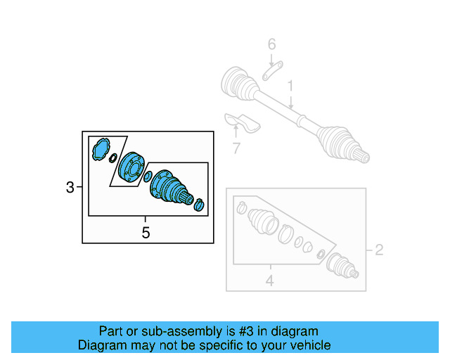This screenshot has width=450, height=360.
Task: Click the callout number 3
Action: [69, 187]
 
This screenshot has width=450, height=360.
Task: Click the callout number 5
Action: [146, 233]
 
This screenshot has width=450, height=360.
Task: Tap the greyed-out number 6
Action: [271, 46]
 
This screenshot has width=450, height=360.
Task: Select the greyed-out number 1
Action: [289, 86]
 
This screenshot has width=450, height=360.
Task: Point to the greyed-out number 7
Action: [236, 148]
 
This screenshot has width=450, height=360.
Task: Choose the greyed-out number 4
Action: [270, 281]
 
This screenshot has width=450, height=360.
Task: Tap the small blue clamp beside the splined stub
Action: [199, 205]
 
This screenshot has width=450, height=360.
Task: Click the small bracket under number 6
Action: [272, 72]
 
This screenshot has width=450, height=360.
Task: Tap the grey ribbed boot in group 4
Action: [264, 221]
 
